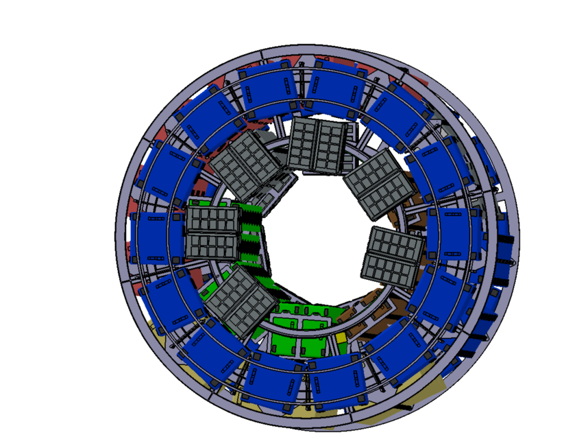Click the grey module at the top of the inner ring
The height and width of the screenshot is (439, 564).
pos(316,145)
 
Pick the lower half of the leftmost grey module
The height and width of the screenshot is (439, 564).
pos(212,249)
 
